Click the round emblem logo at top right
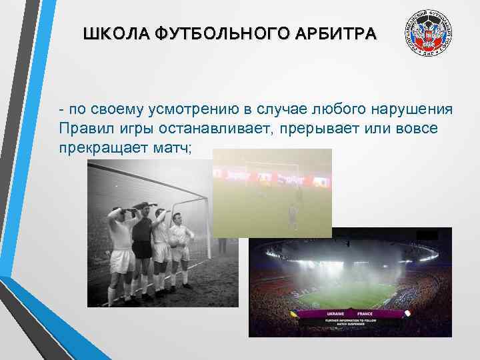click(x=429, y=35)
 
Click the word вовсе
click(x=419, y=127)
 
